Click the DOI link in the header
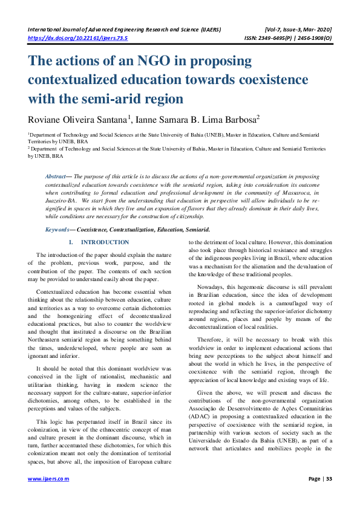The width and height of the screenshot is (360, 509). [x=77, y=37]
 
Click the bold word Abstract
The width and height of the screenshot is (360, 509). [x=56, y=176]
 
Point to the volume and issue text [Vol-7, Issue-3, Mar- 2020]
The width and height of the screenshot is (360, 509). [x=298, y=29]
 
